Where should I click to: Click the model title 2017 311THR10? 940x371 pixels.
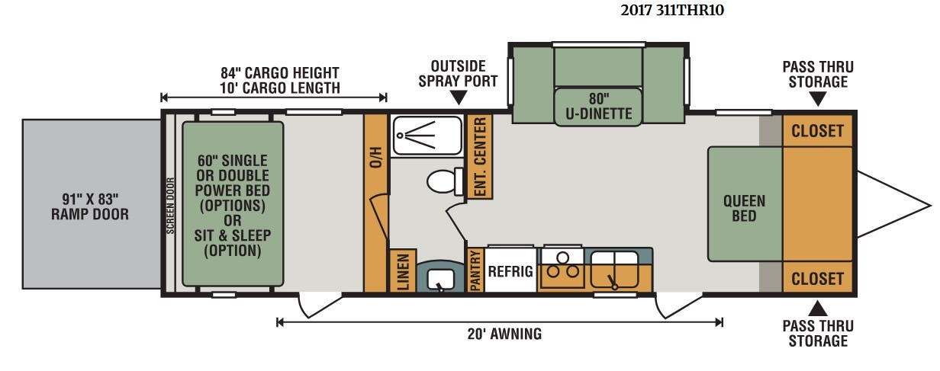click(x=672, y=10)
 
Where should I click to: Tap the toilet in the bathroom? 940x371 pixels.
click(x=445, y=181)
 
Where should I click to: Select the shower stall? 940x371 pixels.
click(x=427, y=136)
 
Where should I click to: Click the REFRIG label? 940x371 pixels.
click(x=510, y=271)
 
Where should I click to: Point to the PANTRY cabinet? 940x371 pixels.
click(x=475, y=270)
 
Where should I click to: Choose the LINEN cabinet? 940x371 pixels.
click(x=403, y=270)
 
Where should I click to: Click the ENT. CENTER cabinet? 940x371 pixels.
click(x=480, y=157)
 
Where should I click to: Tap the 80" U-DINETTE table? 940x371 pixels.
click(x=598, y=107)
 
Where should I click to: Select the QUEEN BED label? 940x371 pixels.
click(x=744, y=208)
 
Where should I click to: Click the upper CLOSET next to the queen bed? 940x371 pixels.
click(x=817, y=131)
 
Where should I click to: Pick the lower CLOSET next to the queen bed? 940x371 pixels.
click(x=817, y=278)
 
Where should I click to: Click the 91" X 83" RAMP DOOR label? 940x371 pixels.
click(x=90, y=206)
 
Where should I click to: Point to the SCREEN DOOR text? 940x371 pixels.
click(x=170, y=206)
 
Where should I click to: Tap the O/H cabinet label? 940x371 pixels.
click(x=376, y=157)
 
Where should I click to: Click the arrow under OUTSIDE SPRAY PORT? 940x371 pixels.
click(x=459, y=98)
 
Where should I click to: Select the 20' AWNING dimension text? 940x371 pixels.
click(x=504, y=334)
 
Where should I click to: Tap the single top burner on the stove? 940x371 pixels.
click(x=563, y=257)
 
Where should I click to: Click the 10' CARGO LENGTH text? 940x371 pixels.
click(x=280, y=88)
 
